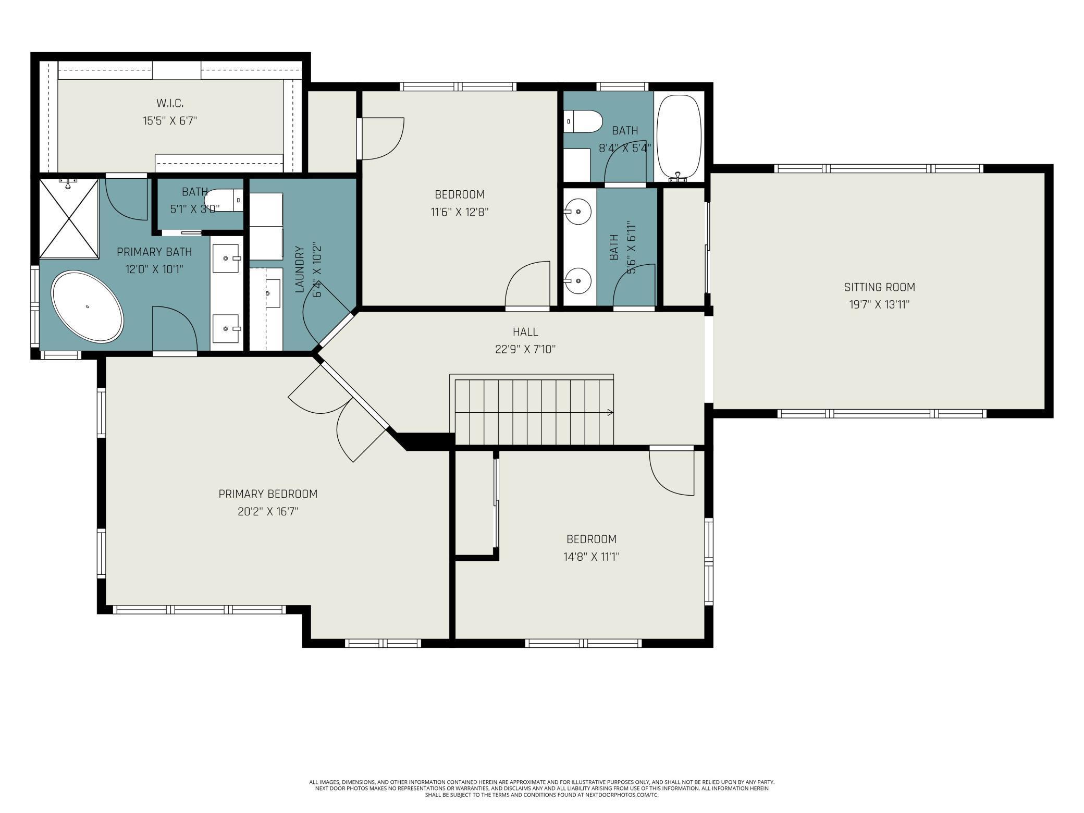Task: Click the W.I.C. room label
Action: coord(170,103)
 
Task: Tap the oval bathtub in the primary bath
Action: coord(87,306)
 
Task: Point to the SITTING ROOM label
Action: coord(879,287)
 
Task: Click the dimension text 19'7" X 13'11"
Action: coord(879,304)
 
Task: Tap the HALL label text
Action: coord(525,332)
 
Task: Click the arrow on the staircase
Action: coord(609,413)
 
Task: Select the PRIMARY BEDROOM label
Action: coord(268,494)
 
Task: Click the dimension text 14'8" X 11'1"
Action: coord(591,557)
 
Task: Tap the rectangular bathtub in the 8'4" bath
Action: coord(679,137)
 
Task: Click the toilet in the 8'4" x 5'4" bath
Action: coord(584,121)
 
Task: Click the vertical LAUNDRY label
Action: coord(300,269)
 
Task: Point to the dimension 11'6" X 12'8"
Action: coord(460,212)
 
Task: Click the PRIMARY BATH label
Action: coord(154,252)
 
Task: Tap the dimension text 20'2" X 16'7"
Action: coord(268,511)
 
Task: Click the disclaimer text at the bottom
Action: coord(541,789)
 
